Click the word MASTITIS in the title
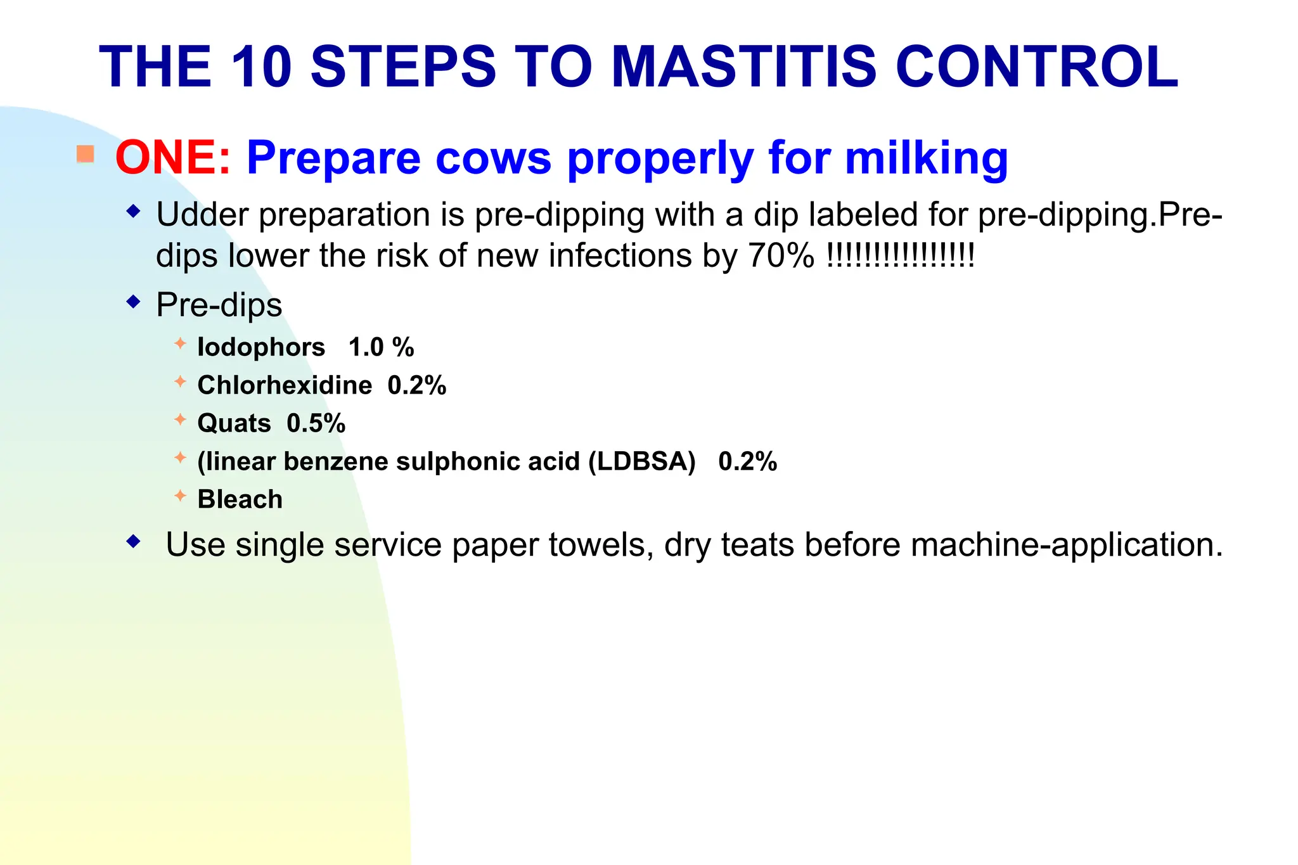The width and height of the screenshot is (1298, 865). (744, 67)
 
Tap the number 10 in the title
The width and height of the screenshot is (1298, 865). (261, 67)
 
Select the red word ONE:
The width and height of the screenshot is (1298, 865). (173, 157)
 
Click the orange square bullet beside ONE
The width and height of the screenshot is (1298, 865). (86, 154)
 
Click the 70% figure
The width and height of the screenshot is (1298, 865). (781, 256)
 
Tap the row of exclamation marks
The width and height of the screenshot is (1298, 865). (901, 255)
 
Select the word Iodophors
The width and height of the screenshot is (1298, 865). (261, 347)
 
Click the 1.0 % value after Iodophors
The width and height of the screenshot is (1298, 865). (381, 347)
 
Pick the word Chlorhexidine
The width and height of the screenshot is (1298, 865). (285, 385)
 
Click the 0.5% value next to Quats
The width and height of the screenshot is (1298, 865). (316, 423)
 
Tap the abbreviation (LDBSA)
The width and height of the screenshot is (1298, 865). (641, 461)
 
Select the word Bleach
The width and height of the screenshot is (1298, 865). (240, 499)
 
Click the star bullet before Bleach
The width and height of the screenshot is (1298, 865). (181, 496)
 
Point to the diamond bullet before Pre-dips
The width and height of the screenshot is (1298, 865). (133, 302)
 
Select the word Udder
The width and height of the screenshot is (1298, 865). (202, 215)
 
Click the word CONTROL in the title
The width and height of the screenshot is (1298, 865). (1036, 67)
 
